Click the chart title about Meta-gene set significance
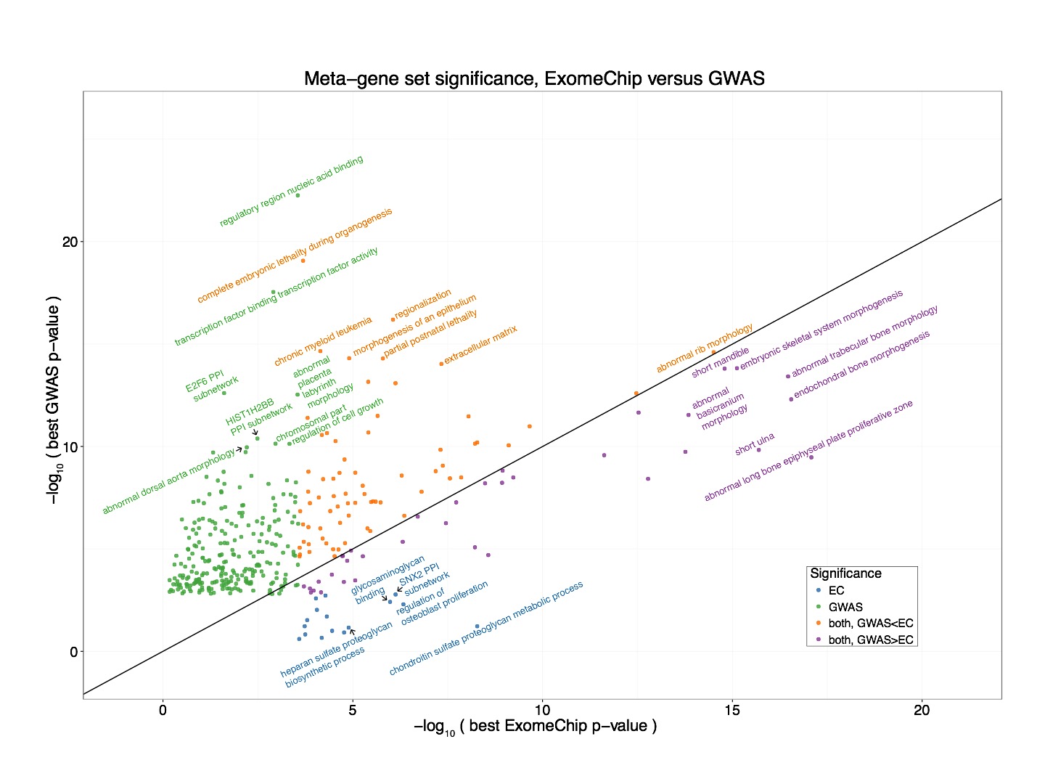pos(534,78)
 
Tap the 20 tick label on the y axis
pos(69,242)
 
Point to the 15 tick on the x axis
pos(732,710)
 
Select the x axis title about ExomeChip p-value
pos(535,727)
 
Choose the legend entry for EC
pos(836,591)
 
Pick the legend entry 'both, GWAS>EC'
pos(870,640)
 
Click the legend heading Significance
pos(845,573)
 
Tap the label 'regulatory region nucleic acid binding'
pos(291,192)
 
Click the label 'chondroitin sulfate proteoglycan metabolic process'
pos(486,629)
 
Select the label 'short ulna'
pos(755,444)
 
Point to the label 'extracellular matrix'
pos(480,345)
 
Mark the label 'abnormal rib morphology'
pos(705,348)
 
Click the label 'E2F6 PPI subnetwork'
pos(211,385)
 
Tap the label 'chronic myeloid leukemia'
pos(323,341)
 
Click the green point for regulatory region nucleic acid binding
pos(298,195)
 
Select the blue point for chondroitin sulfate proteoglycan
pos(477,626)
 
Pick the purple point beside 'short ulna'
pos(758,450)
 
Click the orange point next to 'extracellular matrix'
pos(441,364)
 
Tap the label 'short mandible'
pos(720,362)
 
